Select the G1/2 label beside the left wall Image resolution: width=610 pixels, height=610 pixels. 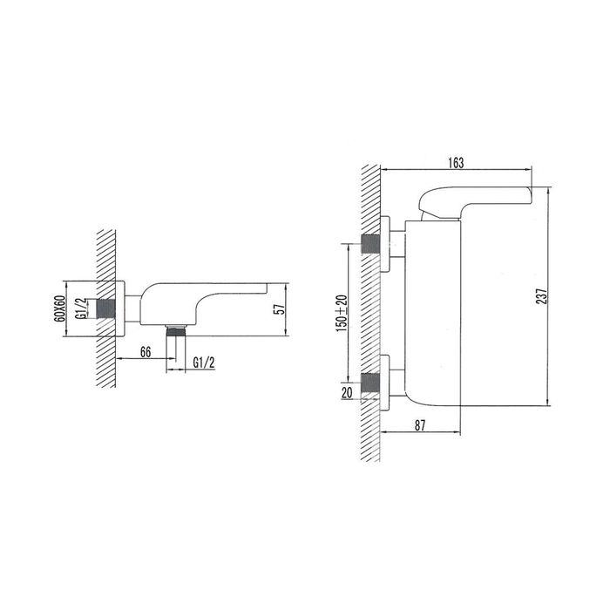(x=79, y=309)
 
